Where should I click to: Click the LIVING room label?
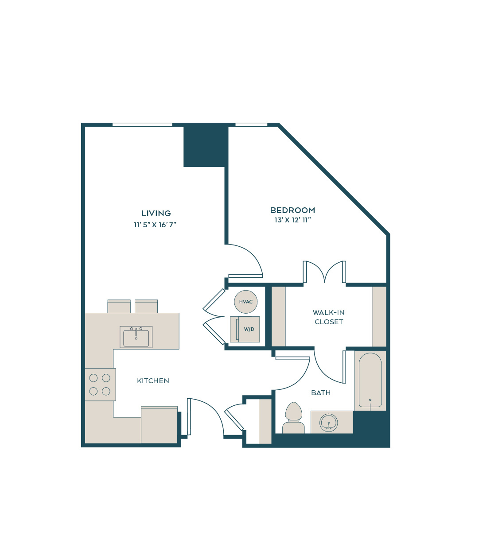coord(156,213)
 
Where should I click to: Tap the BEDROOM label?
coord(292,210)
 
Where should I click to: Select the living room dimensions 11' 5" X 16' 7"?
coord(155,225)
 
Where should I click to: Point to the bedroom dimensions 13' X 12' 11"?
coord(292,220)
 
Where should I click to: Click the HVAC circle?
coord(245,302)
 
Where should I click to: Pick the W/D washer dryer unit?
coord(245,329)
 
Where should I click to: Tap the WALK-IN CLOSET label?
coord(328,317)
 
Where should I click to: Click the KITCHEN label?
coord(153,381)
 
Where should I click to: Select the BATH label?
coord(321,393)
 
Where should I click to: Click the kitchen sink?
coord(136,337)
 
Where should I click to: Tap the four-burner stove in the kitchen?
coord(100,385)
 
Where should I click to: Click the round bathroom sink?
coord(328,423)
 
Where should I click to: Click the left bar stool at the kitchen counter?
coord(119,307)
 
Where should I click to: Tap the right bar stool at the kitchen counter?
coord(146,307)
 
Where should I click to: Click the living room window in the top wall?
coord(142,124)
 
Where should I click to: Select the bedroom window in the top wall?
coord(251,124)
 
